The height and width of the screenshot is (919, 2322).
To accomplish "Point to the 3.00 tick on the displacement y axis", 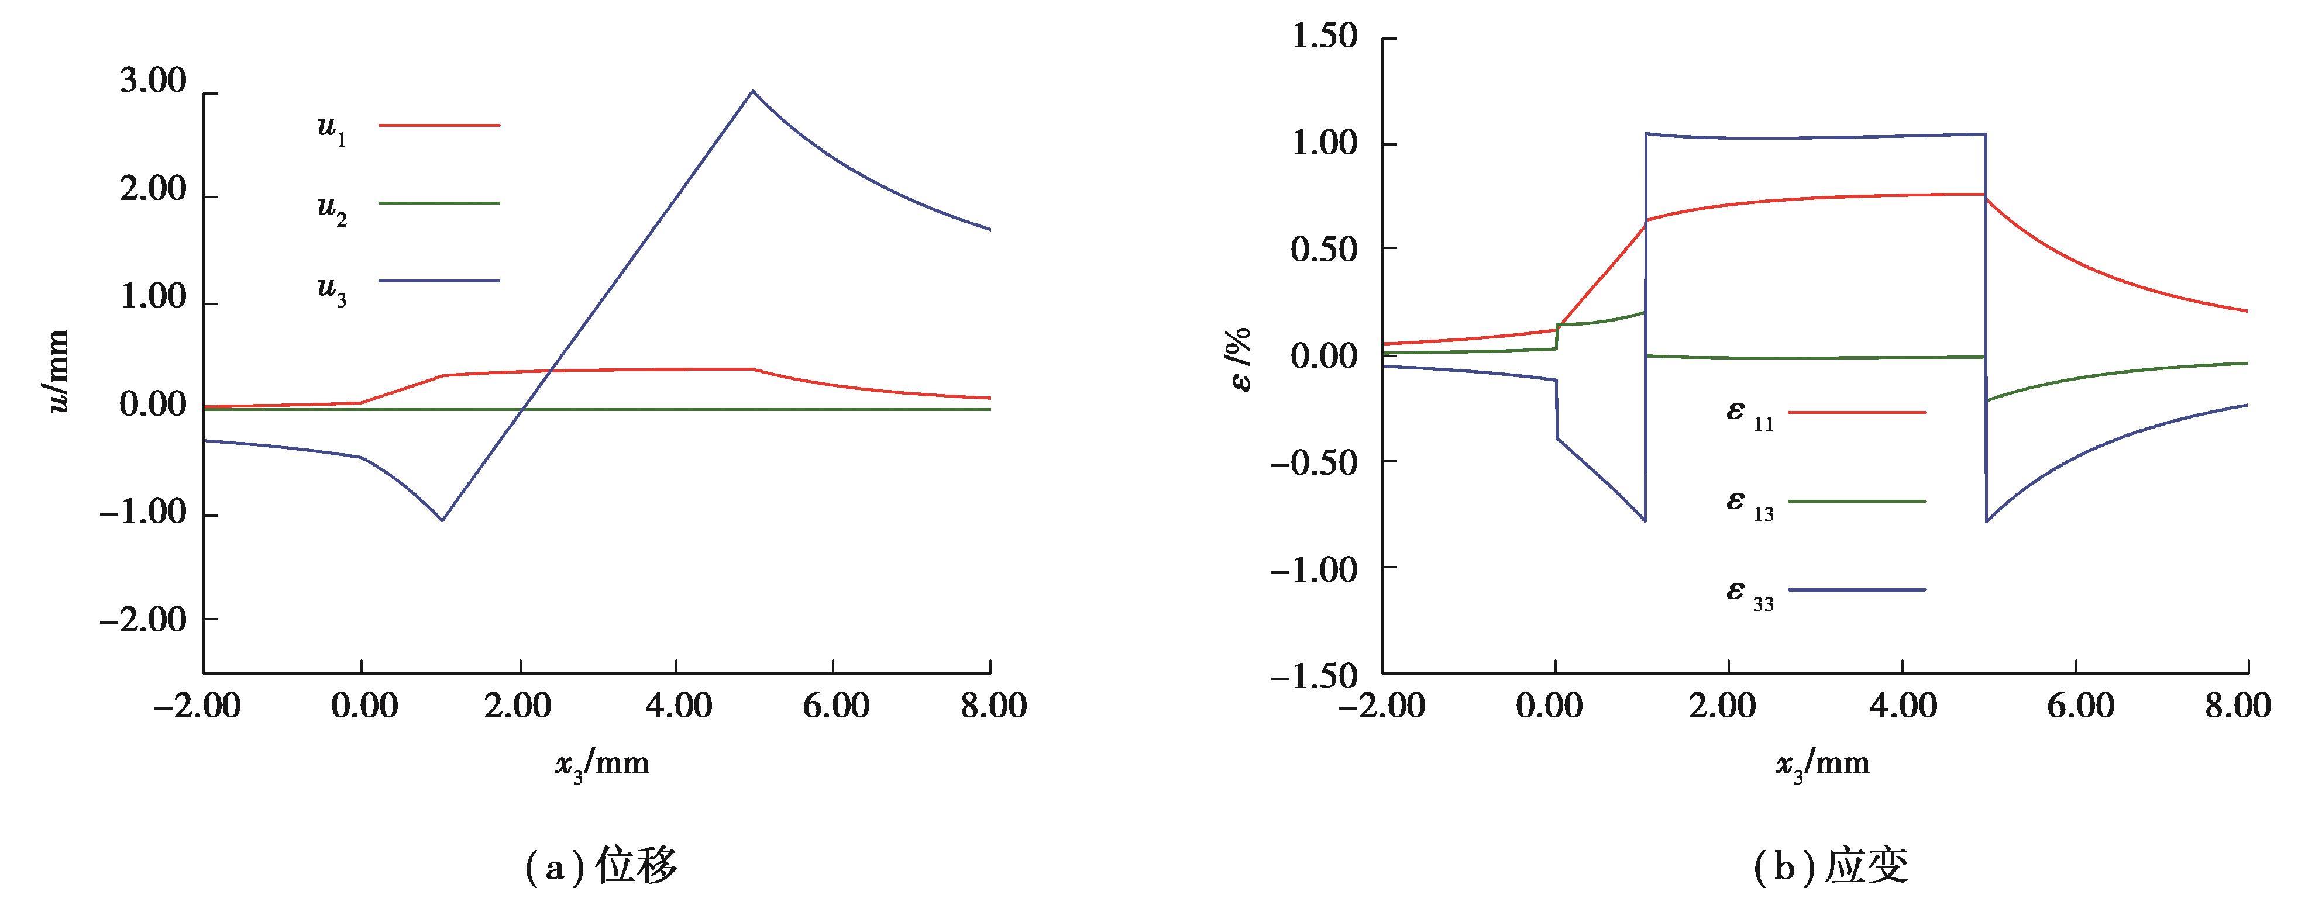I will click(x=153, y=82).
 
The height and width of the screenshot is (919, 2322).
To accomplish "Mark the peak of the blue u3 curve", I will click(x=753, y=91).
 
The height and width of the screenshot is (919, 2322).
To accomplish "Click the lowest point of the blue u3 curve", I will click(x=442, y=520).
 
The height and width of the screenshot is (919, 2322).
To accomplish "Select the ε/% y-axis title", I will click(x=1241, y=358).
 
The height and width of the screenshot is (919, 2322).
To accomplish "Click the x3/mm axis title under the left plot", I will click(x=601, y=765).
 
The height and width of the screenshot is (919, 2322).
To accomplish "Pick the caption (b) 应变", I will click(x=1831, y=866).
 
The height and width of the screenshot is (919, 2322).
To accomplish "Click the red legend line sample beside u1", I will click(x=439, y=125).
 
